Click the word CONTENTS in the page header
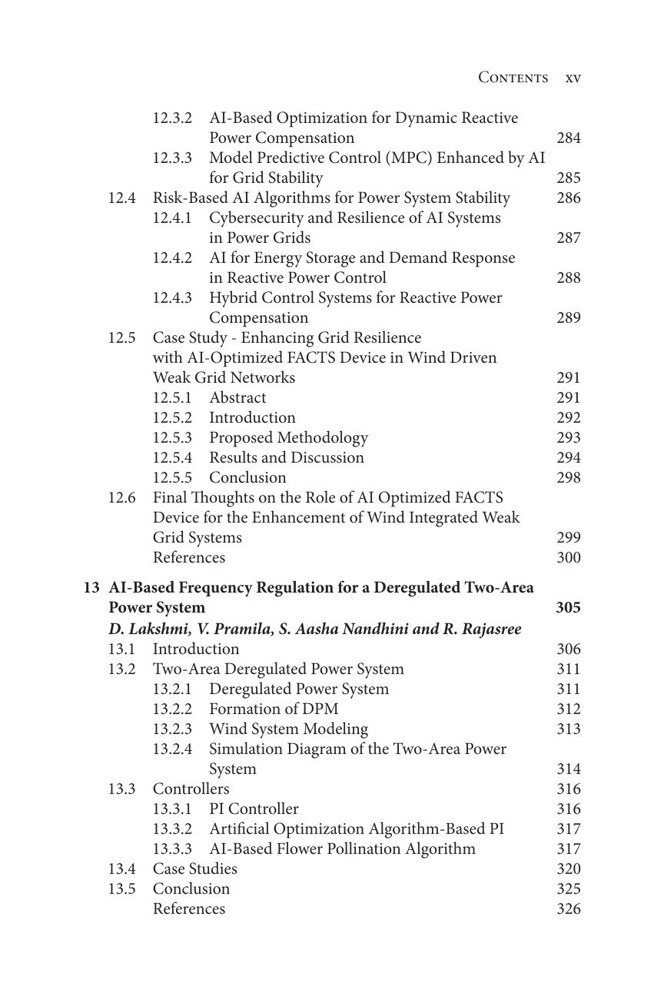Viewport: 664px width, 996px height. tap(513, 78)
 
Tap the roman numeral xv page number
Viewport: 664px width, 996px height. tap(573, 78)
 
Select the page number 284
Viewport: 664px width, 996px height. tap(568, 138)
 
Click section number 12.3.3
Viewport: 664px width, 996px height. tap(172, 158)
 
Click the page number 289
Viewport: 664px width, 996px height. tap(568, 318)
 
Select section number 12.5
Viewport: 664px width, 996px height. tap(121, 338)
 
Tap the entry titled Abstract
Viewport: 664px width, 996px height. tap(237, 398)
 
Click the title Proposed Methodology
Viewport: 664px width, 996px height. tap(288, 438)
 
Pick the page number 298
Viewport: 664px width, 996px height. tap(568, 478)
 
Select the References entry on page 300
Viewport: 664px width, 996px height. tap(189, 558)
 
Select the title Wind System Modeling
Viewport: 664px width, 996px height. tap(288, 729)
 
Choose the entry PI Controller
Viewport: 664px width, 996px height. tap(254, 809)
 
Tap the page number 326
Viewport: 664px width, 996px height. tap(568, 909)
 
